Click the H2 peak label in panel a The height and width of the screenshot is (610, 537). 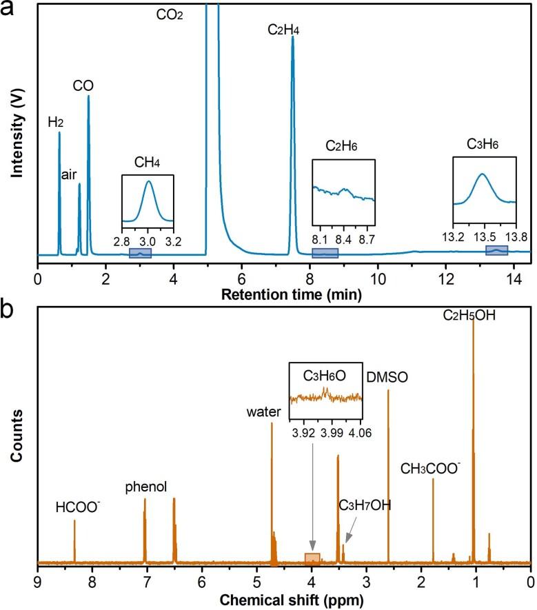pos(55,122)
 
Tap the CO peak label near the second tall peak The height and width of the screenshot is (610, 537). pos(83,85)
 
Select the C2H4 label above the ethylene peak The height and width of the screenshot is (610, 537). pos(283,30)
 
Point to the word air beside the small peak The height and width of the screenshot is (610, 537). pos(69,174)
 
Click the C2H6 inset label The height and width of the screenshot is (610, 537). pos(342,145)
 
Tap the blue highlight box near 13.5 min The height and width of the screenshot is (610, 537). pos(496,250)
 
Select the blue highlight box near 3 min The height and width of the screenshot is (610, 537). pos(140,254)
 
